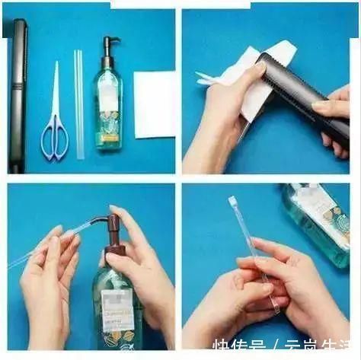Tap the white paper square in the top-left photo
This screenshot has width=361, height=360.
154,104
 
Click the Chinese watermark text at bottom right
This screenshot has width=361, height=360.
285,349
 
